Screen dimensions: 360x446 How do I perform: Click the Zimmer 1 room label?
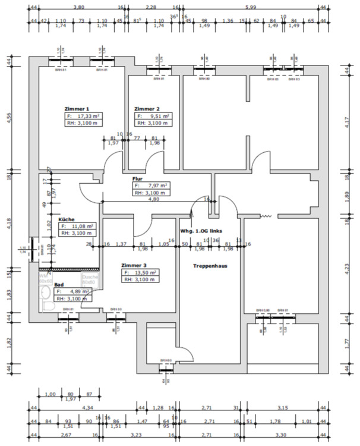pyautogui.click(x=77, y=109)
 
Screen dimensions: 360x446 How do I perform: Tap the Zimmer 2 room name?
pyautogui.click(x=147, y=109)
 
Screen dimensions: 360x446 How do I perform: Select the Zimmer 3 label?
pyautogui.click(x=133, y=265)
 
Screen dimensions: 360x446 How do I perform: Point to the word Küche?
pyautogui.click(x=67, y=219)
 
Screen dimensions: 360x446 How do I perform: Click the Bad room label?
pyautogui.click(x=59, y=285)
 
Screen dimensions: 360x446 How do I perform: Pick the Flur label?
pyautogui.click(x=138, y=178)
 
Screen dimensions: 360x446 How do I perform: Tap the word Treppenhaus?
pyautogui.click(x=210, y=266)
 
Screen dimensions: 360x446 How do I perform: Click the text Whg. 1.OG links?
pyautogui.click(x=202, y=231)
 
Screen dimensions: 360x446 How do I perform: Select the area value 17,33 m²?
pyautogui.click(x=90, y=117)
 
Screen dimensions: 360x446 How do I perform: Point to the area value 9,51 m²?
pyautogui.click(x=158, y=117)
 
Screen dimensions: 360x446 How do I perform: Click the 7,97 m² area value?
pyautogui.click(x=155, y=186)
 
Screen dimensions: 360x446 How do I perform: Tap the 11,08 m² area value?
pyautogui.click(x=82, y=227)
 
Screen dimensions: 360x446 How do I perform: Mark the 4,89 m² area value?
pyautogui.click(x=77, y=292)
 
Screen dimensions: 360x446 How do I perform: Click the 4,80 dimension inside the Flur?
pyautogui.click(x=153, y=199)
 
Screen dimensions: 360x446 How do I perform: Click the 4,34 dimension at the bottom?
pyautogui.click(x=86, y=408)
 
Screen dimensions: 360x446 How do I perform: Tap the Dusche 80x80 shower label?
pyautogui.click(x=90, y=279)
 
